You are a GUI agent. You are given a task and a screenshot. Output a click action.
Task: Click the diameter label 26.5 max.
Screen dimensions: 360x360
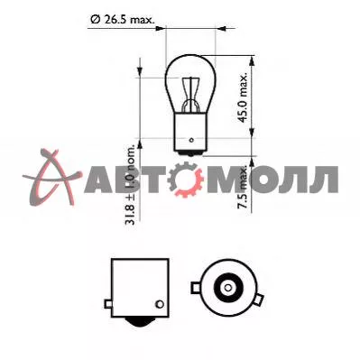click(123, 20)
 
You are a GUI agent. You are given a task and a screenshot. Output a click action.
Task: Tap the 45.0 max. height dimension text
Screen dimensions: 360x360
click(242, 97)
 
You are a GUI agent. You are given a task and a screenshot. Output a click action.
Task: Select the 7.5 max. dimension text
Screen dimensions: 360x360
click(242, 187)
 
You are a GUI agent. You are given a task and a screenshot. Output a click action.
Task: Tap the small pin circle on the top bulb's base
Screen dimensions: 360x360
click(191, 140)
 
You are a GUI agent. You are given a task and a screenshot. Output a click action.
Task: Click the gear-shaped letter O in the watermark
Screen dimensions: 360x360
click(187, 180)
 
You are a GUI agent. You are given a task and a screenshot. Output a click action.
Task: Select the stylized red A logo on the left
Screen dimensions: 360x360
click(51, 178)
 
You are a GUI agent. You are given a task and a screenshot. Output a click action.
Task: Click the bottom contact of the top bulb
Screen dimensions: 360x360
click(190, 153)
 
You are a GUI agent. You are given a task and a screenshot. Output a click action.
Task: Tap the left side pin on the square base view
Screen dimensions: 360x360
click(108, 304)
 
